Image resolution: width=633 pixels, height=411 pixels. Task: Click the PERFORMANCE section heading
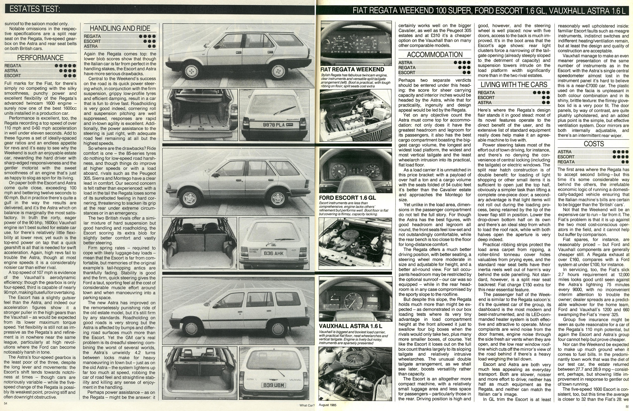40,58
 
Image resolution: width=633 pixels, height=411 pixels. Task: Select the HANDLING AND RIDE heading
120,28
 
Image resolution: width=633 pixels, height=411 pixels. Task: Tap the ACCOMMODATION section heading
434,55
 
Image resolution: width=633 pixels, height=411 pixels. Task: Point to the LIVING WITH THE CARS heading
514,85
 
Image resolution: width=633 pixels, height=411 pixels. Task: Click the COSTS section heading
593,144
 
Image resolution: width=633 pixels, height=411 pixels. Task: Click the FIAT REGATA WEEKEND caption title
352,70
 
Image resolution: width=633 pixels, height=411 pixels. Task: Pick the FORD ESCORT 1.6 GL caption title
347,198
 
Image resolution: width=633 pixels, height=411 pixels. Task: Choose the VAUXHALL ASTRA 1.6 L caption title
350,326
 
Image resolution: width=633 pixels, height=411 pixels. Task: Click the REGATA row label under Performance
13,66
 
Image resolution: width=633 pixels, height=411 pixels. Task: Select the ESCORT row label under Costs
566,157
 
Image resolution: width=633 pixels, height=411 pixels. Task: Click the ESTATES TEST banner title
35,9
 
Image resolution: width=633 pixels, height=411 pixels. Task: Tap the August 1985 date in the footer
328,405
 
